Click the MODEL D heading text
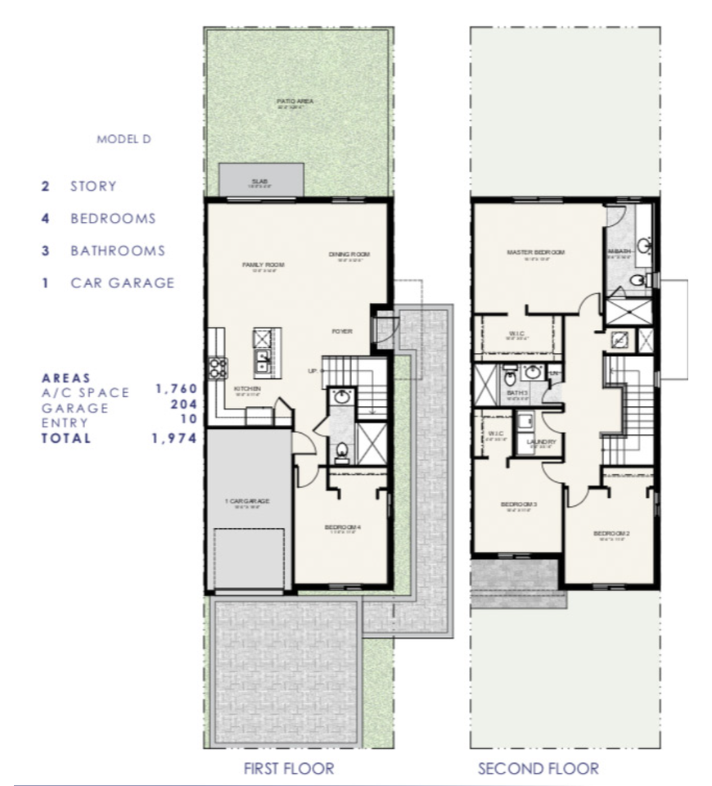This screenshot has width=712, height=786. [x=124, y=139]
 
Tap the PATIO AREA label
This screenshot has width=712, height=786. [x=295, y=102]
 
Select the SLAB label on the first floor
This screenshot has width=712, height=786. [x=260, y=181]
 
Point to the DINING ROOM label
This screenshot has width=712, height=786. [x=349, y=255]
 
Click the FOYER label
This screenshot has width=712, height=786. [x=341, y=332]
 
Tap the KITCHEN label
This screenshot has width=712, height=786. [x=247, y=388]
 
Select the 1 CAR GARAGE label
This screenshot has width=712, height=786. [x=247, y=500]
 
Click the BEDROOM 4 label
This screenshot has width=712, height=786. [x=343, y=526]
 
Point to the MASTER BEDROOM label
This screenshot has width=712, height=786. [x=535, y=252]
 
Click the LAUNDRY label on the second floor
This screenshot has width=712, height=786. [x=542, y=442]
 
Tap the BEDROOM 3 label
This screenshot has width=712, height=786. [x=518, y=504]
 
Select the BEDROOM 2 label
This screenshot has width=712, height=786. [x=611, y=534]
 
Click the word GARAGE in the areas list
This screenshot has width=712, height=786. [x=75, y=408]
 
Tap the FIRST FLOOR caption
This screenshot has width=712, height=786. [x=289, y=768]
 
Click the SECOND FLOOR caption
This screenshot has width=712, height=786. [x=538, y=768]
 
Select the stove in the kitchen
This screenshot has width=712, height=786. [x=217, y=368]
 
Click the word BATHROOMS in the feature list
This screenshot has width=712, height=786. [x=117, y=251]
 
